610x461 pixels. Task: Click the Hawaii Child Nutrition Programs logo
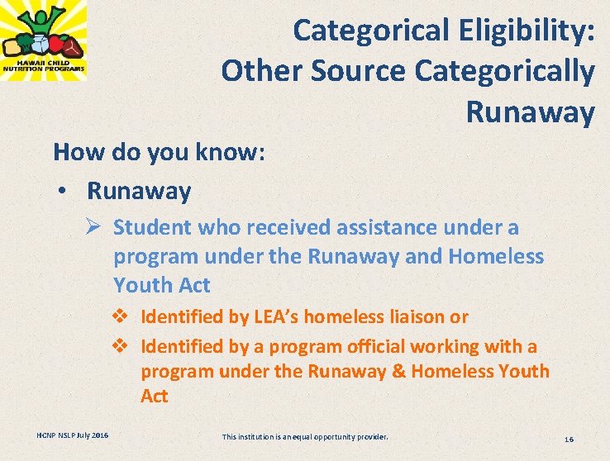point(42,40)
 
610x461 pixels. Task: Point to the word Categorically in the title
point(504,71)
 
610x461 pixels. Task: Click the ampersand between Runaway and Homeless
point(397,371)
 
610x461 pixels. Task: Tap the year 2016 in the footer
point(98,435)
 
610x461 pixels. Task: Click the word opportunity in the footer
point(322,435)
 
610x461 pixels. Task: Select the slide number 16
point(568,439)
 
